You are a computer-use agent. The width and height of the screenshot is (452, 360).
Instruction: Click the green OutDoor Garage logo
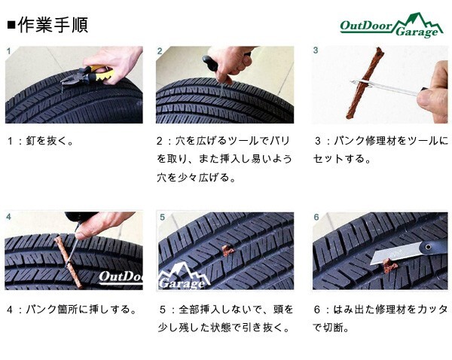392,26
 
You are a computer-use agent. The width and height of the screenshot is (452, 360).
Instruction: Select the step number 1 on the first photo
8,51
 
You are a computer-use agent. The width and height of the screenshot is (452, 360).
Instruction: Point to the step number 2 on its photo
160,51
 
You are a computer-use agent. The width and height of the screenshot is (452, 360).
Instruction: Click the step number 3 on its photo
316,50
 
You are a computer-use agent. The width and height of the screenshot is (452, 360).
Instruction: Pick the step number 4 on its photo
8,217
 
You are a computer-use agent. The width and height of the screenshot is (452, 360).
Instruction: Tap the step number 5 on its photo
162,217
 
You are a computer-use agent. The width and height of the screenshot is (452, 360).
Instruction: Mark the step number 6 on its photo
316,217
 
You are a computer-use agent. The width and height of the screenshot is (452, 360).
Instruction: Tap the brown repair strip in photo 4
68,261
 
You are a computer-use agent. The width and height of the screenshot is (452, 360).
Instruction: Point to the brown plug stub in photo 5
228,251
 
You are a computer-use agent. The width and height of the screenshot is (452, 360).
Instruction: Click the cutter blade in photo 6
395,253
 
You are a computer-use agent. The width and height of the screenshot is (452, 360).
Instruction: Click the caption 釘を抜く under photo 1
50,141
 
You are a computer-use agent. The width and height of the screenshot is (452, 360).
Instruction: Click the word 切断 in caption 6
332,328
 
